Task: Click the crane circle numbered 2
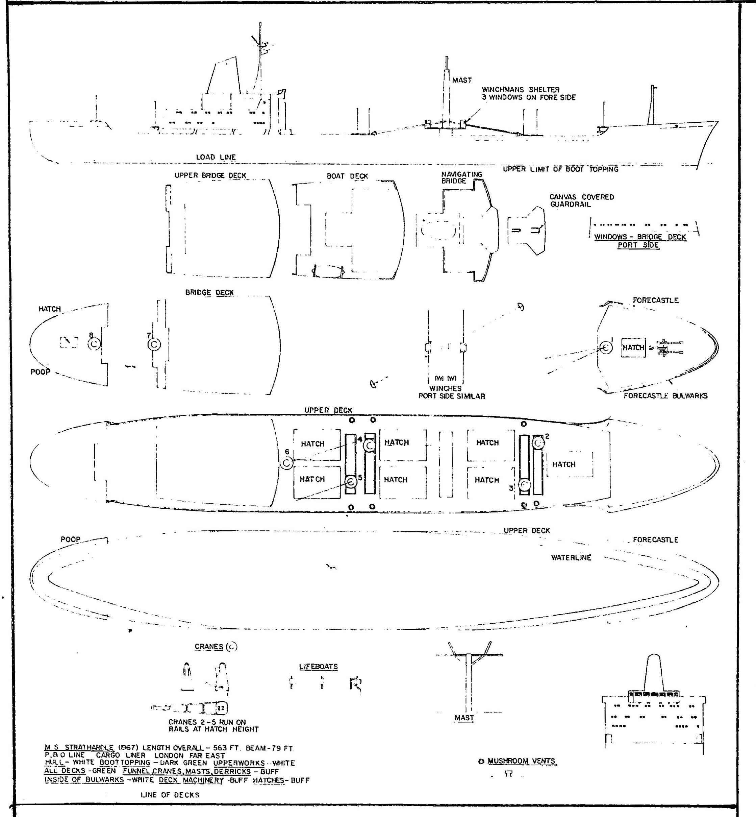538,443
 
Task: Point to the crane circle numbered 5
351,482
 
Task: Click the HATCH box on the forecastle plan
633,347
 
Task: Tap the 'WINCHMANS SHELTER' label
520,90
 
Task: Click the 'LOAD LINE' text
216,157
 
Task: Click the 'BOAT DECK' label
347,176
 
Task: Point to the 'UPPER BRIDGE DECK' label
210,175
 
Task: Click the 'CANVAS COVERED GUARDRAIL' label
581,200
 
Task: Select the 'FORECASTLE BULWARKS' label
665,396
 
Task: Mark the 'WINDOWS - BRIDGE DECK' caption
640,237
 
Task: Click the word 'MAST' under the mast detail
464,718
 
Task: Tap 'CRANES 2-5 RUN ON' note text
207,722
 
